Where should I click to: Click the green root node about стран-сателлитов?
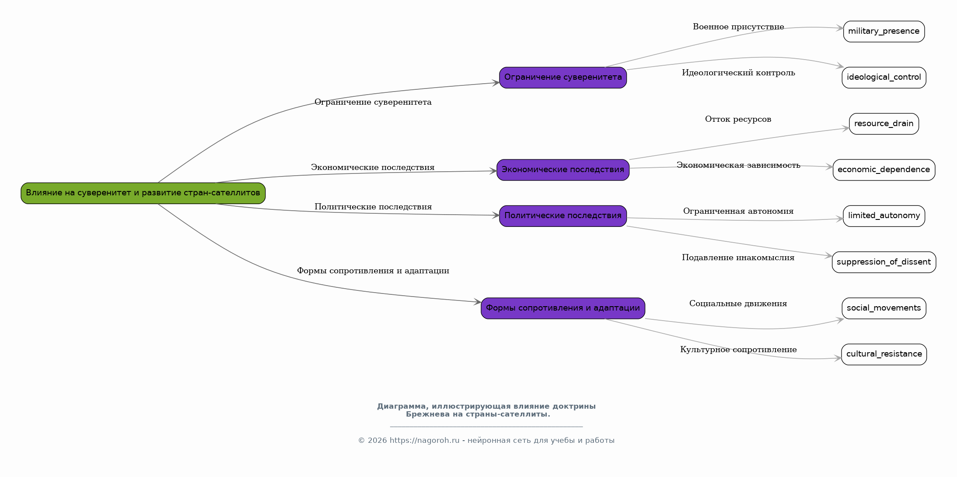143,193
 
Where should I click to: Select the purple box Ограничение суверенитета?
563,78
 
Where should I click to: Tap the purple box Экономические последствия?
563,170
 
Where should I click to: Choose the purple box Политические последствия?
563,216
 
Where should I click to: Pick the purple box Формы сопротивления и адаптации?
563,308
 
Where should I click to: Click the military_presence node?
884,32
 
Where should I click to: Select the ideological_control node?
884,78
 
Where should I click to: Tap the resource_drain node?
884,124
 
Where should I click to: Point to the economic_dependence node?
884,170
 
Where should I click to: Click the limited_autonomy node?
884,216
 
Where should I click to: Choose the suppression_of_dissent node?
884,262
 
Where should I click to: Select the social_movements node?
884,308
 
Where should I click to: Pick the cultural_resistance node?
884,354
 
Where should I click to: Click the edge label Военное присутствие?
738,27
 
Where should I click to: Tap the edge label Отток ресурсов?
738,120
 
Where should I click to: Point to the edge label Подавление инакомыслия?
738,258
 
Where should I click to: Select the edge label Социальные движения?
738,304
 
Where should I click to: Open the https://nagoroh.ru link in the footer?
424,441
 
